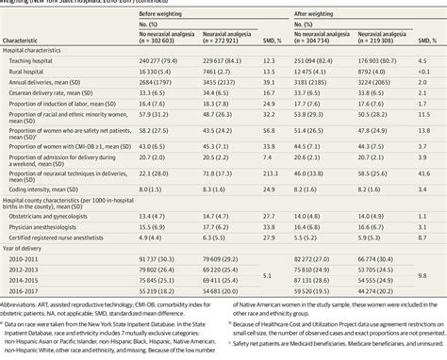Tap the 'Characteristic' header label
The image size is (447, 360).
[x=27, y=43]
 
